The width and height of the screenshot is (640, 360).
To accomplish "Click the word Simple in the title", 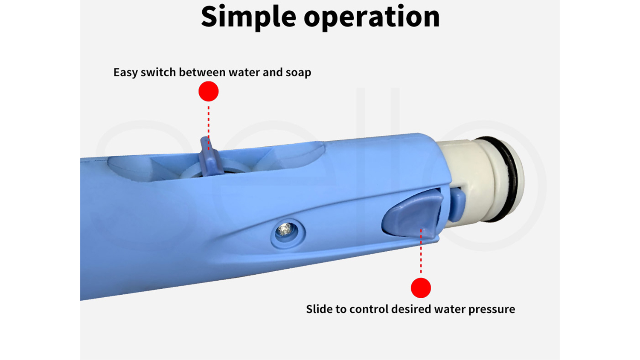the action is [x=248, y=17].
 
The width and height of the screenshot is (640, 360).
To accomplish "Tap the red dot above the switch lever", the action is [x=209, y=91].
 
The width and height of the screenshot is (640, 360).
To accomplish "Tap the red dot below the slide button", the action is [x=421, y=288].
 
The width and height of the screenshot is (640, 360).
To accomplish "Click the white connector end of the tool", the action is [x=480, y=180].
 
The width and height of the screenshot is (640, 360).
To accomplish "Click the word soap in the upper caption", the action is [x=298, y=73].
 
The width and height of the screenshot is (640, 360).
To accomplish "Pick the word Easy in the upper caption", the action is [x=125, y=73].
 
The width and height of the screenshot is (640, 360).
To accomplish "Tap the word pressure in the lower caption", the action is [x=492, y=310].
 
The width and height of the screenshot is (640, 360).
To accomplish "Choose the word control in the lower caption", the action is [x=369, y=309].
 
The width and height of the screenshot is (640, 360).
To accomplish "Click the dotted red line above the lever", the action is [x=209, y=128].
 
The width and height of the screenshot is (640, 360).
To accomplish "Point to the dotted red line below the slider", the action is [x=421, y=251].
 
